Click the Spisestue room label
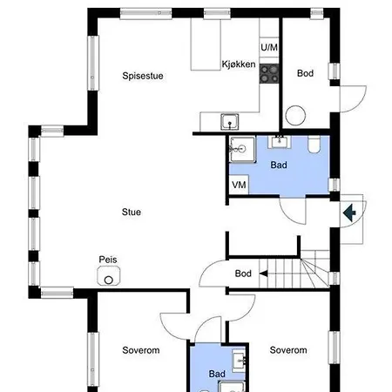pyautogui.click(x=143, y=76)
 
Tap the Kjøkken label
pyautogui.click(x=239, y=64)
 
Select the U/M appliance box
pyautogui.click(x=269, y=47)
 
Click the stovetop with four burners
pyautogui.click(x=269, y=74)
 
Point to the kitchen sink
pyautogui.click(x=230, y=122)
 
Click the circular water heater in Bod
pyautogui.click(x=295, y=115)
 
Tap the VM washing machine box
pyautogui.click(x=239, y=185)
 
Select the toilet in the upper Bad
pyautogui.click(x=314, y=145)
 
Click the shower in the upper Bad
pyautogui.click(x=242, y=150)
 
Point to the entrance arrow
pyautogui.click(x=349, y=213)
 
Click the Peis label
pyautogui.click(x=108, y=260)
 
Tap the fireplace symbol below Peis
pyautogui.click(x=109, y=276)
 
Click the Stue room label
pyautogui.click(x=132, y=212)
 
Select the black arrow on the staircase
pyautogui.click(x=263, y=274)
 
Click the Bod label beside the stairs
pyautogui.click(x=243, y=274)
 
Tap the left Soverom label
pyautogui.click(x=141, y=350)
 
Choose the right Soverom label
pyautogui.click(x=288, y=350)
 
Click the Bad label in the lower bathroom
pyautogui.click(x=217, y=374)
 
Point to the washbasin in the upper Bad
pyautogui.click(x=280, y=142)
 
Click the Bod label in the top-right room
pyautogui.click(x=305, y=73)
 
